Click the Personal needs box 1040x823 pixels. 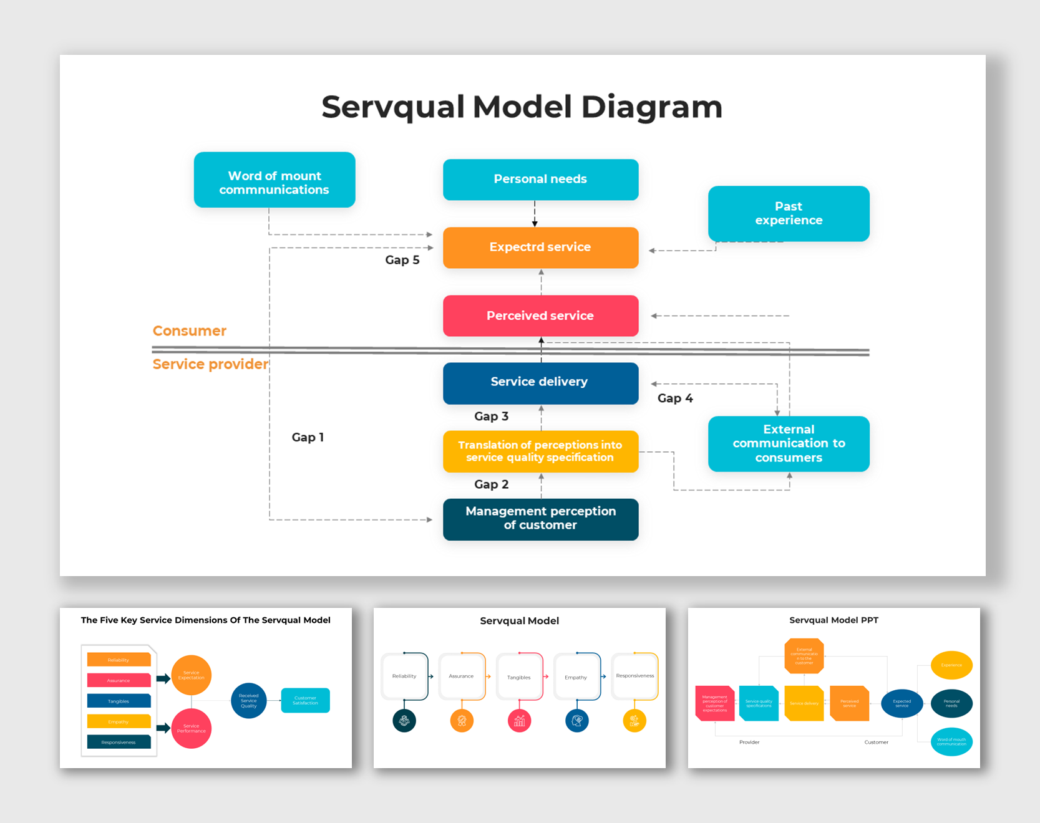[540, 180]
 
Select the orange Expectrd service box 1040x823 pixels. [540, 248]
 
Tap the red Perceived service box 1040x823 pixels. [540, 315]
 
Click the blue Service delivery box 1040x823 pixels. [540, 383]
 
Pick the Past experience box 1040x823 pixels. [789, 213]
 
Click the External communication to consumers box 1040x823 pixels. [789, 443]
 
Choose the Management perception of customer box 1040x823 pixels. [540, 519]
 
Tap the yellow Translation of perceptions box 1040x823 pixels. [540, 451]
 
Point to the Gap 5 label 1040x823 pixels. [402, 260]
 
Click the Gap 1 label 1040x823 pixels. [308, 437]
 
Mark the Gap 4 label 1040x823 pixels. [675, 398]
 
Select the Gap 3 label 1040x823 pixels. [491, 416]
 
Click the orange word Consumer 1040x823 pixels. [190, 331]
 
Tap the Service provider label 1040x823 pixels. [210, 364]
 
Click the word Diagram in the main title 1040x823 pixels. [651, 107]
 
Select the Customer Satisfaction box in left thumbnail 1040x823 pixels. [305, 700]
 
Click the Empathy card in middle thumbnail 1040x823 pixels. [576, 677]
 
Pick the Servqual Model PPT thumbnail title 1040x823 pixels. [833, 620]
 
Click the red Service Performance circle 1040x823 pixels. [191, 728]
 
